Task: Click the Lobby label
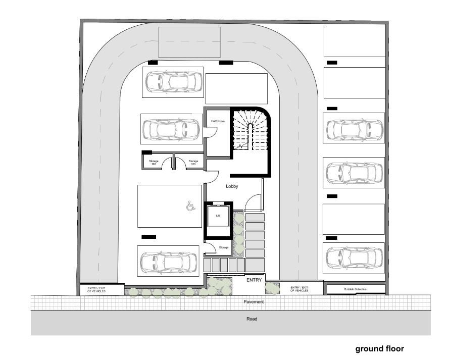[232, 186]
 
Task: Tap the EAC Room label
[217, 122]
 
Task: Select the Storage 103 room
[154, 162]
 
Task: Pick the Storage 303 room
[193, 162]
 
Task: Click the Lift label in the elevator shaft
[218, 216]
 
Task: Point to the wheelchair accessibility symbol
[190, 206]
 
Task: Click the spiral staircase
[249, 130]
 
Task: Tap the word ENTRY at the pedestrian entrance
[254, 280]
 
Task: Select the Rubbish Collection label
[356, 289]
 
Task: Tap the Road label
[252, 319]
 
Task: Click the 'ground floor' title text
[379, 348]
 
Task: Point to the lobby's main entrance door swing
[253, 203]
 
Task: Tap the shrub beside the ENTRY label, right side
[272, 288]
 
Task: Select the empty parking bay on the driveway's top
[189, 42]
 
